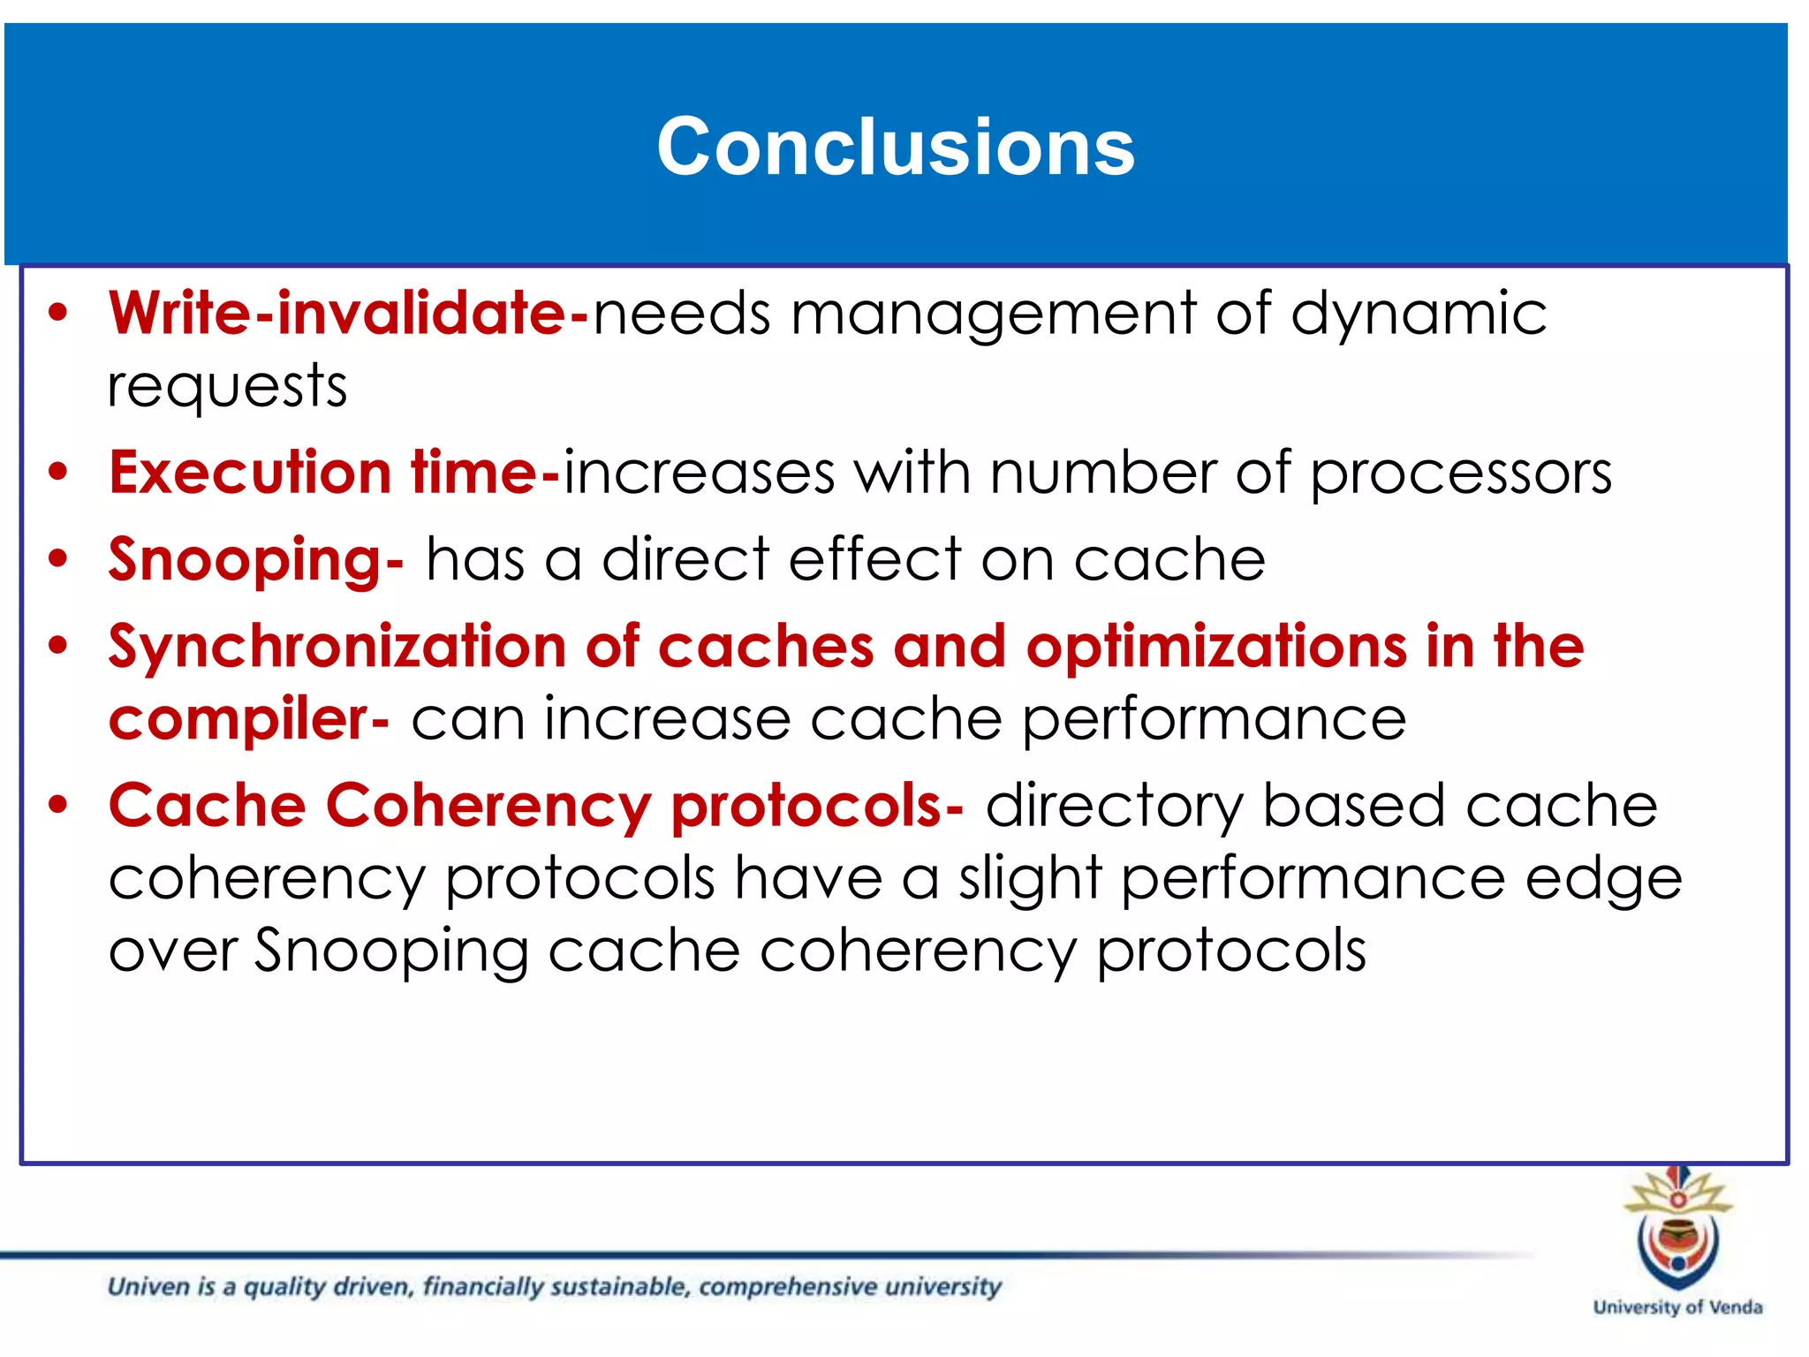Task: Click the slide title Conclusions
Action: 895,147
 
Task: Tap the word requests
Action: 227,387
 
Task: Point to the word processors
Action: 1460,474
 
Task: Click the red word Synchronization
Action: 337,647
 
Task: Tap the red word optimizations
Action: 1216,646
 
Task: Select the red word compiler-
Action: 248,718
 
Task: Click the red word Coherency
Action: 488,806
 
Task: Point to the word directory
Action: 1113,806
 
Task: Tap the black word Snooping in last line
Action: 391,951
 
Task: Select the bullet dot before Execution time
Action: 58,472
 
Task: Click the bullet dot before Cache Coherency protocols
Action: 58,805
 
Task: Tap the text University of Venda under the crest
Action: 1677,1307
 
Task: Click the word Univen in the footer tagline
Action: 148,1286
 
